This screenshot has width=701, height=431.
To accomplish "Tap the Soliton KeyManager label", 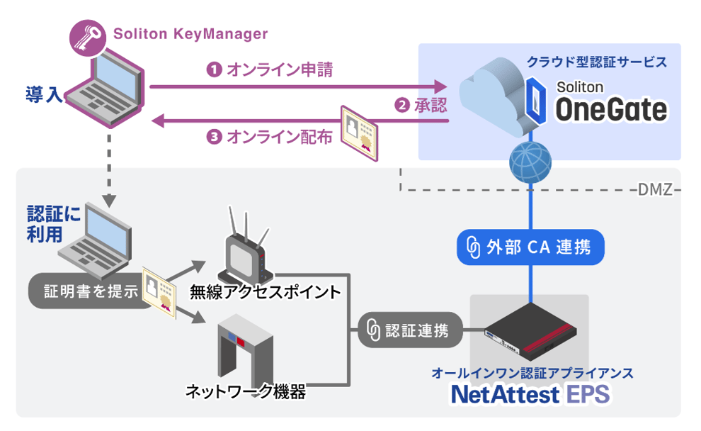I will coord(191,33).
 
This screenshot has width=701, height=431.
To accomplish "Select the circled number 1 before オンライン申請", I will coord(212,69).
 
